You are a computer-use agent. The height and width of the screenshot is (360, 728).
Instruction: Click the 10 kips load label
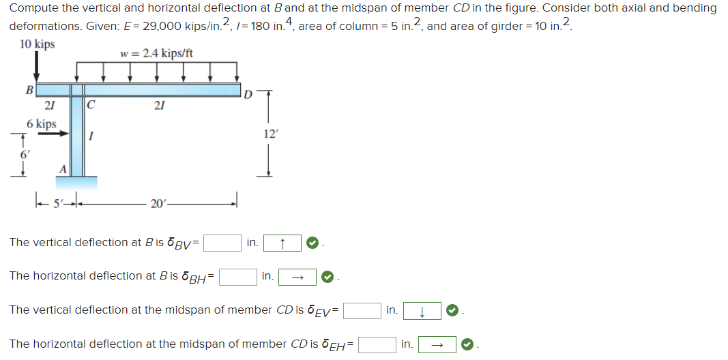(x=38, y=45)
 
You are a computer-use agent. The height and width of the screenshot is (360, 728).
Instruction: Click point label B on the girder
(x=29, y=89)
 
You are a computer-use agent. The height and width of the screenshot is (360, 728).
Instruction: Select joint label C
(x=91, y=106)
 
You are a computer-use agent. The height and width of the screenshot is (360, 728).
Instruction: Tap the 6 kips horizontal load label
(x=42, y=124)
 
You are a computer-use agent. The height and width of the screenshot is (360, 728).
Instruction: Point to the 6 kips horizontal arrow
(x=53, y=135)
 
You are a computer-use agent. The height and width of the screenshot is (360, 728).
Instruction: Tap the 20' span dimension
(x=156, y=202)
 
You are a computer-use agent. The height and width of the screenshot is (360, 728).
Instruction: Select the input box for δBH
(x=237, y=276)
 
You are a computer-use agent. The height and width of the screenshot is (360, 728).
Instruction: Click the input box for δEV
(x=362, y=311)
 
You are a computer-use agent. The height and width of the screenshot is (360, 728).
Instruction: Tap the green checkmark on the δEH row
(x=467, y=344)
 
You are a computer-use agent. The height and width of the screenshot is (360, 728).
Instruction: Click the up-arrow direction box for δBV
(x=282, y=243)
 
